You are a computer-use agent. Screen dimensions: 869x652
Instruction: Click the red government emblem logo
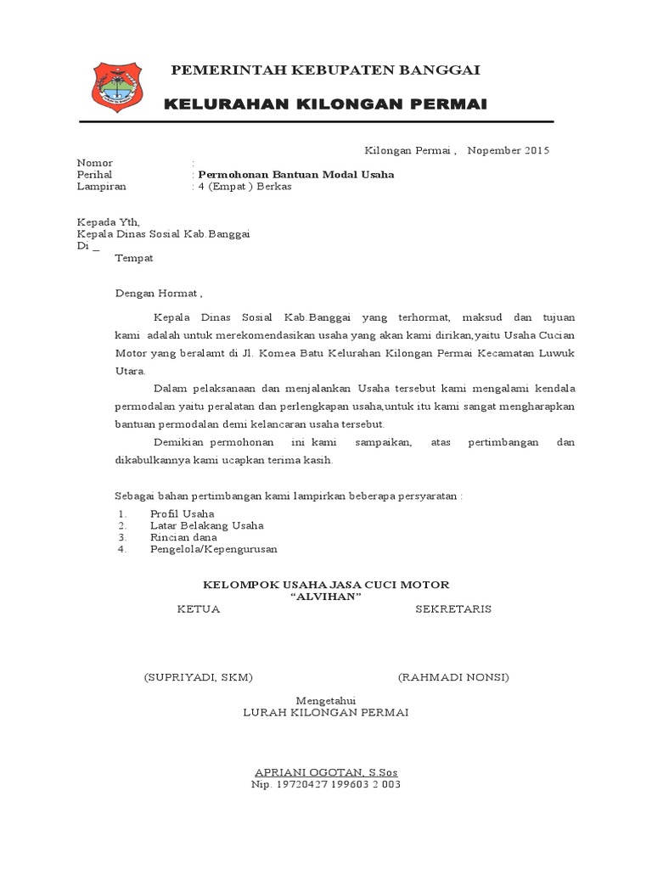tap(117, 88)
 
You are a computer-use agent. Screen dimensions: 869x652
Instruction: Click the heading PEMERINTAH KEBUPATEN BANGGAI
tap(326, 70)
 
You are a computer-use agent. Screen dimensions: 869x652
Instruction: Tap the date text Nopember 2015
tap(509, 151)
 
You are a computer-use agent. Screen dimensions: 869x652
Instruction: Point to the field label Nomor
tap(94, 163)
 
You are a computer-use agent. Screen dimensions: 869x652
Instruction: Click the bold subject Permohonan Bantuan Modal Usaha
tap(295, 175)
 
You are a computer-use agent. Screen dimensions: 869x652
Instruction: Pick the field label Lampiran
tap(101, 187)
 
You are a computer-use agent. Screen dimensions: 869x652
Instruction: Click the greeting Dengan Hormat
tap(159, 294)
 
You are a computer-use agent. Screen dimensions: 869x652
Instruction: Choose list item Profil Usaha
tap(182, 514)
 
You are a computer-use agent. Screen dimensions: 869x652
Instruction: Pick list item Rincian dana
tap(183, 537)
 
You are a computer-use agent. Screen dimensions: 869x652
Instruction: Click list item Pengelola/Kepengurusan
tap(213, 549)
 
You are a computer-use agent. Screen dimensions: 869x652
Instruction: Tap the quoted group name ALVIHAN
tap(326, 597)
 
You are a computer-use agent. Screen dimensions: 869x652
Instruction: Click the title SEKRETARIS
tap(452, 609)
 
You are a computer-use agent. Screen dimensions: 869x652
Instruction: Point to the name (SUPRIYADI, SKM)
tap(199, 677)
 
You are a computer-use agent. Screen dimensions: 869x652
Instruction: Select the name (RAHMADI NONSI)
tap(453, 677)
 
